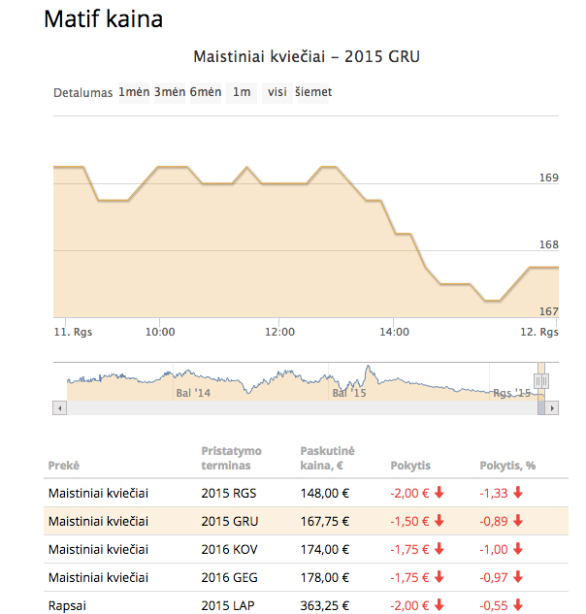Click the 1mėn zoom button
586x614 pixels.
pyautogui.click(x=134, y=92)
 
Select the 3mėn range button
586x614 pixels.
pyautogui.click(x=170, y=92)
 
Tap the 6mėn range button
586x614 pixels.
pyautogui.click(x=206, y=92)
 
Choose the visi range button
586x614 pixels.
pyautogui.click(x=277, y=92)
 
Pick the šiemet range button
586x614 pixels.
pyautogui.click(x=313, y=92)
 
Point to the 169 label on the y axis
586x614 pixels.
pyautogui.click(x=549, y=178)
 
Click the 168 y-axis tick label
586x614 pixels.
pyautogui.click(x=549, y=244)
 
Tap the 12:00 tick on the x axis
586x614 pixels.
pyautogui.click(x=279, y=332)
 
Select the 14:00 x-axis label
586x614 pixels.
pyautogui.click(x=394, y=332)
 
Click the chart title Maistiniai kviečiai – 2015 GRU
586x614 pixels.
pyautogui.click(x=307, y=57)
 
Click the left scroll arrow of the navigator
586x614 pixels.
pyautogui.click(x=59, y=408)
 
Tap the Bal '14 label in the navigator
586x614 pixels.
pyautogui.click(x=193, y=393)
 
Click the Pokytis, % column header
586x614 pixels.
pyautogui.click(x=507, y=466)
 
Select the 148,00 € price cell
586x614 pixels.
pyautogui.click(x=325, y=493)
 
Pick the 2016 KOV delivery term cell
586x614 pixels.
pyautogui.click(x=230, y=549)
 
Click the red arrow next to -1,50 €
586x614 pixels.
pyautogui.click(x=439, y=521)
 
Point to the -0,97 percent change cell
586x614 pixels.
pyautogui.click(x=494, y=577)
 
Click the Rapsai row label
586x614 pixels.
pyautogui.click(x=67, y=606)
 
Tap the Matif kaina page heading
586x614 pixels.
pyautogui.click(x=104, y=18)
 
